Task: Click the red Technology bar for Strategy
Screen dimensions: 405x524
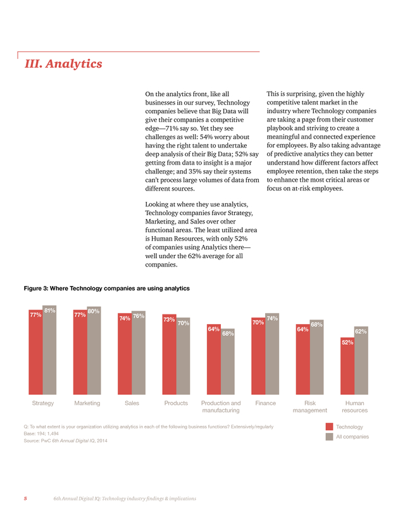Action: pos(35,352)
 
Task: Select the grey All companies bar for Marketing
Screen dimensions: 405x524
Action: pos(94,351)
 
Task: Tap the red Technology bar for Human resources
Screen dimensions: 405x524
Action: pos(347,366)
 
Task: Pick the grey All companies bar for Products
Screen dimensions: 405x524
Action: pos(183,356)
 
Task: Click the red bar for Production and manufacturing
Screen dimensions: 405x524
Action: pos(214,359)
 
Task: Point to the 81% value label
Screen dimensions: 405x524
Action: pos(50,311)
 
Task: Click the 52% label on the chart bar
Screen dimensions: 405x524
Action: pos(347,342)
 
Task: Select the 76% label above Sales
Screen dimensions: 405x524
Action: pos(139,316)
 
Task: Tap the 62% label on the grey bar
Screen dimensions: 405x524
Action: pos(361,332)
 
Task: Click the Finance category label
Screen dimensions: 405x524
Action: pos(266,403)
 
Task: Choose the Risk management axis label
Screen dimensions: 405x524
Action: pos(310,407)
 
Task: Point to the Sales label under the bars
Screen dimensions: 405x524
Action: pos(132,403)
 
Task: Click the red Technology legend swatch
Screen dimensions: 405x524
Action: pos(329,427)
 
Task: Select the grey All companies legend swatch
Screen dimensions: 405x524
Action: pos(329,437)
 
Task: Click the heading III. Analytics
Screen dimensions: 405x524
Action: pos(63,63)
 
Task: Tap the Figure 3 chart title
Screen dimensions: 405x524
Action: pos(106,289)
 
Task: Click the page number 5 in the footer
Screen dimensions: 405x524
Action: pos(25,499)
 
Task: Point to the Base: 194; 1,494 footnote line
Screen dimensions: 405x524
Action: pos(41,434)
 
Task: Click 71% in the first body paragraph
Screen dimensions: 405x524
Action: pos(173,128)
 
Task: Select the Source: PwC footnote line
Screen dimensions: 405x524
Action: pos(65,441)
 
